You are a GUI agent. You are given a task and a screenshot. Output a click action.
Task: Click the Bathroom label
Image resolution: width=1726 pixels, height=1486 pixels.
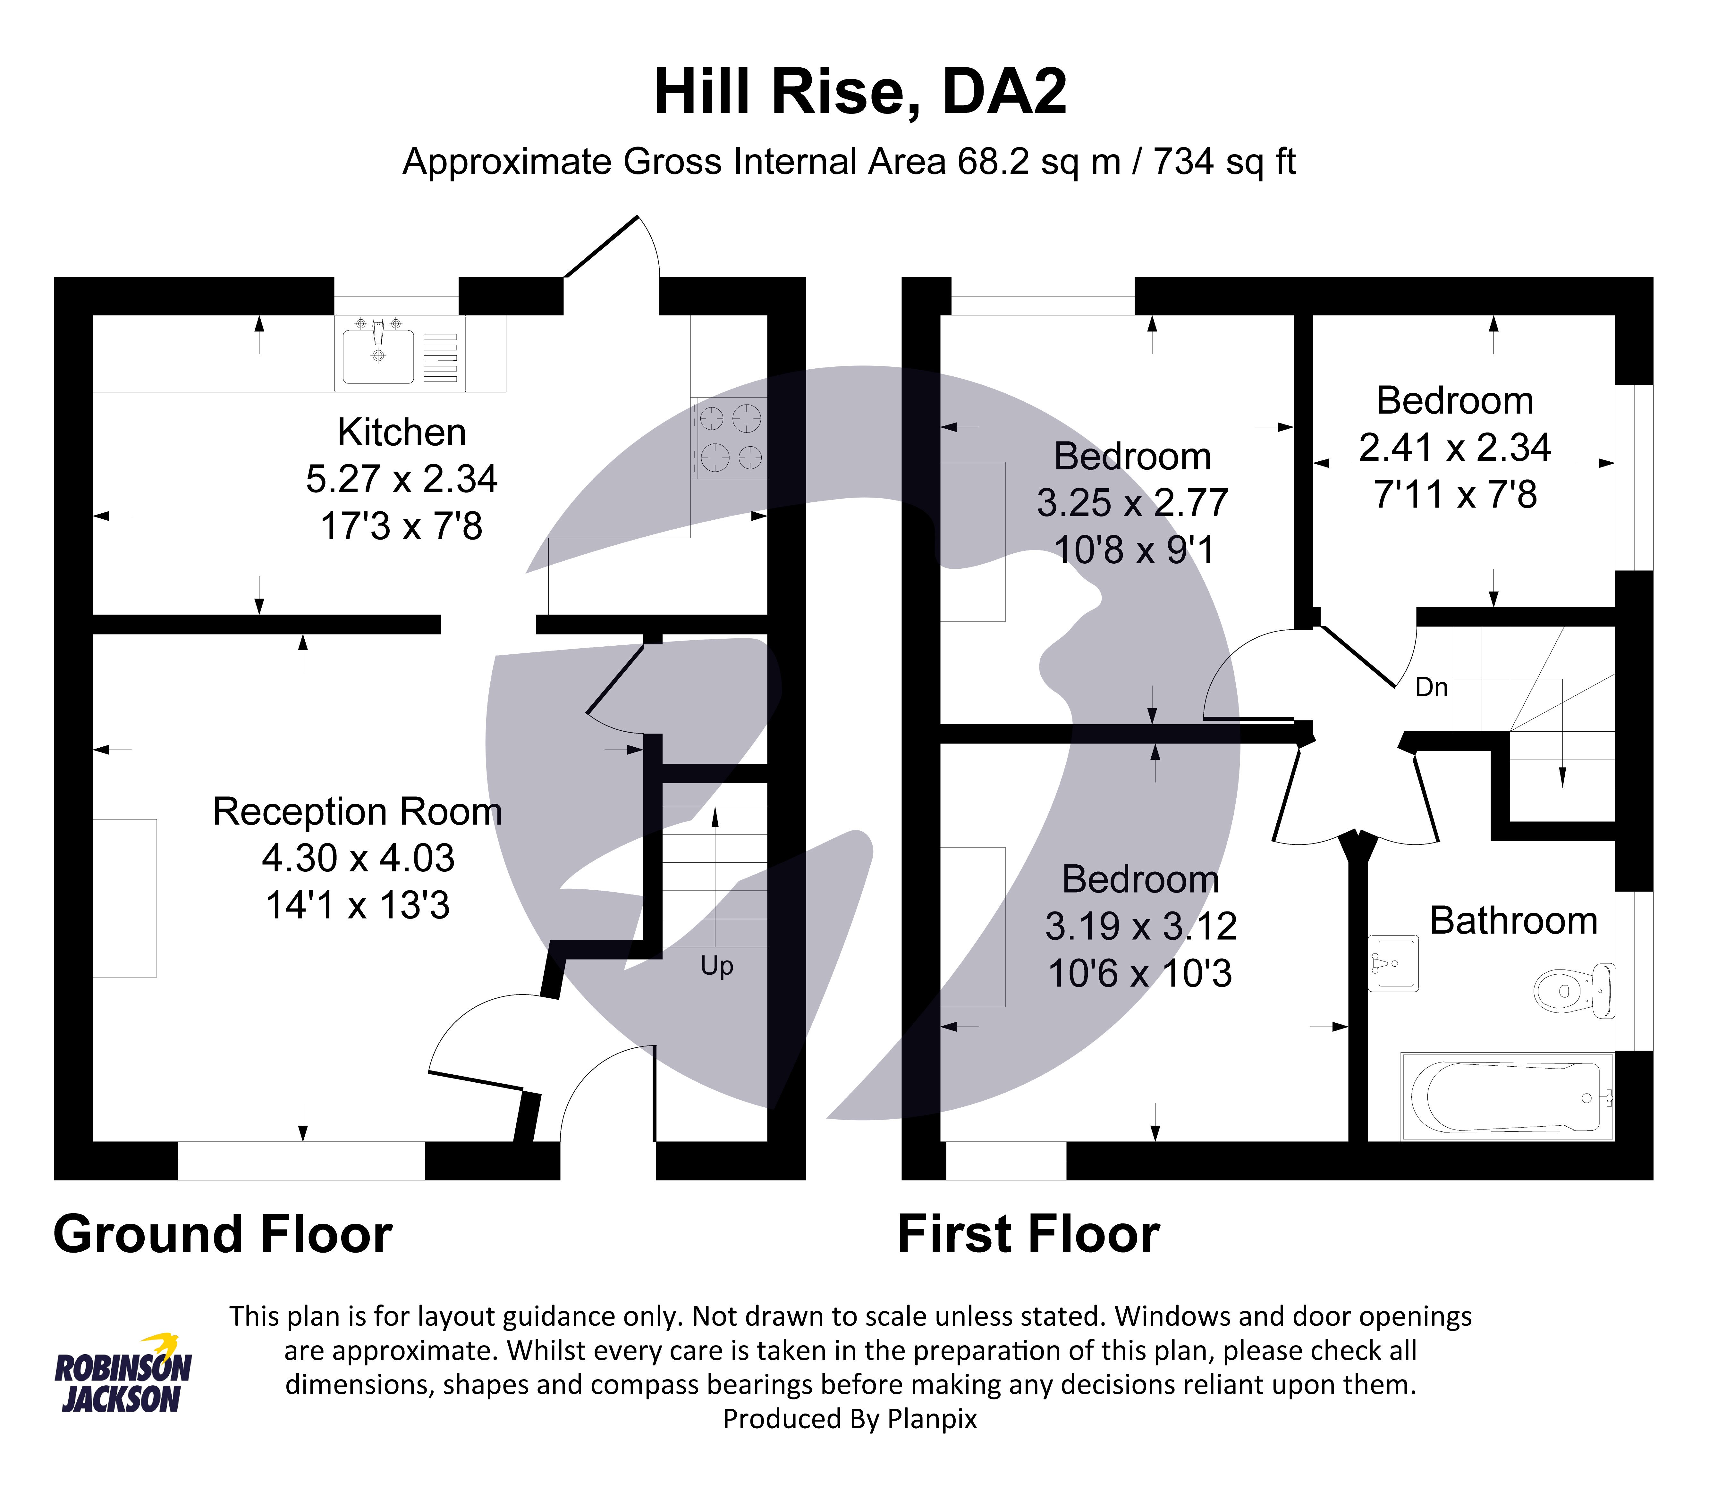click(x=1514, y=921)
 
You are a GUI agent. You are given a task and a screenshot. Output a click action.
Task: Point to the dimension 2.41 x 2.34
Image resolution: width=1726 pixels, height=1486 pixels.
click(x=1454, y=448)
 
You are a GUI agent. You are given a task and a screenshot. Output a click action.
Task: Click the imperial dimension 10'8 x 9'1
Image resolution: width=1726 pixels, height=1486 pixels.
click(x=1134, y=550)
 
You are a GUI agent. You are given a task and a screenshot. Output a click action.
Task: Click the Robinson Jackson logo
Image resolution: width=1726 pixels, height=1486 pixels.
click(x=123, y=1374)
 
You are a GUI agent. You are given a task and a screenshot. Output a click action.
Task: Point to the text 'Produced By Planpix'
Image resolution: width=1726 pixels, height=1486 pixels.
click(x=850, y=1419)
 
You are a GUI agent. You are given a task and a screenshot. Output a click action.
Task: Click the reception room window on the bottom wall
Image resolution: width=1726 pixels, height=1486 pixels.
click(x=301, y=1160)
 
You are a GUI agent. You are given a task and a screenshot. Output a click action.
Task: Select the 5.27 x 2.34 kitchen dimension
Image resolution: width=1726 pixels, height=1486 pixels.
click(x=402, y=479)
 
